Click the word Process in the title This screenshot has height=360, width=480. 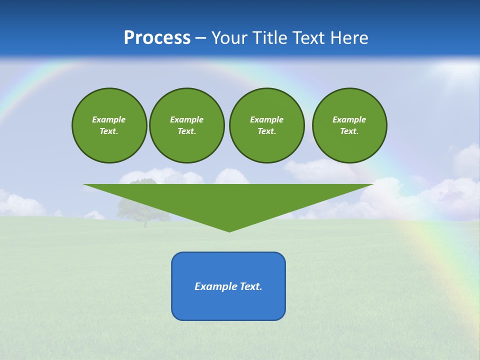click(157, 38)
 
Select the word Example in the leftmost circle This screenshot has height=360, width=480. click(109, 119)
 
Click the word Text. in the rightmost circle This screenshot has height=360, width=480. click(349, 131)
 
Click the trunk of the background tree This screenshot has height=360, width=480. click(145, 223)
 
